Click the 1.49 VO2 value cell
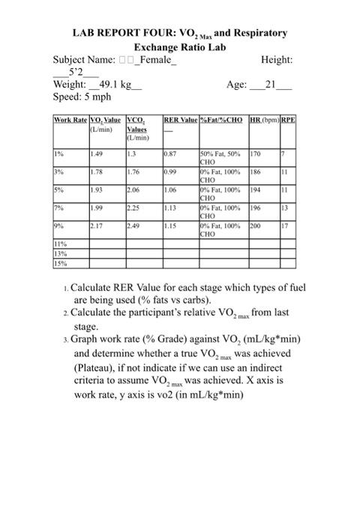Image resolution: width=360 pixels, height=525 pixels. click(x=95, y=154)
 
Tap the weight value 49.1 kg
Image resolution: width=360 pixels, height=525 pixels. click(x=115, y=85)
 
